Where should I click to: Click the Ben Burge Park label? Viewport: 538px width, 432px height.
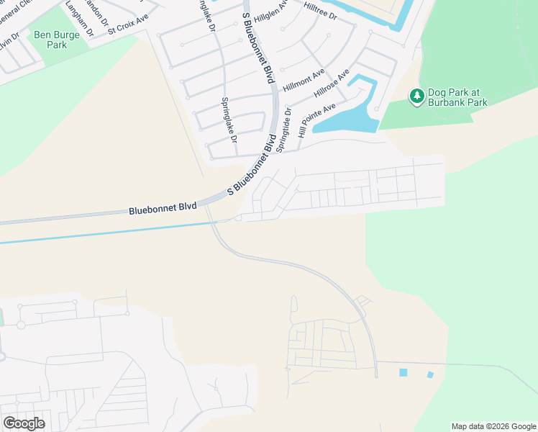pyautogui.click(x=52, y=40)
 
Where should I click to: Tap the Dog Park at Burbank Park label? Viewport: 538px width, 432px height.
pyautogui.click(x=457, y=97)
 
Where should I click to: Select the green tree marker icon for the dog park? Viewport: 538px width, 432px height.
pyautogui.click(x=416, y=96)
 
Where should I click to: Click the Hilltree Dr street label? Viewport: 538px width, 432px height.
pyautogui.click(x=320, y=14)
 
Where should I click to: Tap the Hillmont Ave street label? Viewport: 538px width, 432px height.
pyautogui.click(x=304, y=79)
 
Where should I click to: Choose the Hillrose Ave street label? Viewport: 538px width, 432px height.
pyautogui.click(x=332, y=84)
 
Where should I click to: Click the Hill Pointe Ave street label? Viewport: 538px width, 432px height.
pyautogui.click(x=316, y=120)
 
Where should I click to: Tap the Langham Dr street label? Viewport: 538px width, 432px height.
pyautogui.click(x=79, y=19)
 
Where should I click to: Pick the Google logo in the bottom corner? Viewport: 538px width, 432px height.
pyautogui.click(x=24, y=423)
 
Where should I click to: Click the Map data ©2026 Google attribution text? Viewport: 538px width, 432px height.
pyautogui.click(x=494, y=426)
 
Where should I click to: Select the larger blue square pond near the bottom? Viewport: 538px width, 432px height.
pyautogui.click(x=403, y=372)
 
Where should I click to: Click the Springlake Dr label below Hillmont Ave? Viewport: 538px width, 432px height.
pyautogui.click(x=229, y=120)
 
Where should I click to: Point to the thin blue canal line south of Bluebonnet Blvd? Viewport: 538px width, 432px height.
pyautogui.click(x=108, y=233)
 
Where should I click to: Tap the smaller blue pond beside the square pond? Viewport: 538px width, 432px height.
pyautogui.click(x=430, y=375)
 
